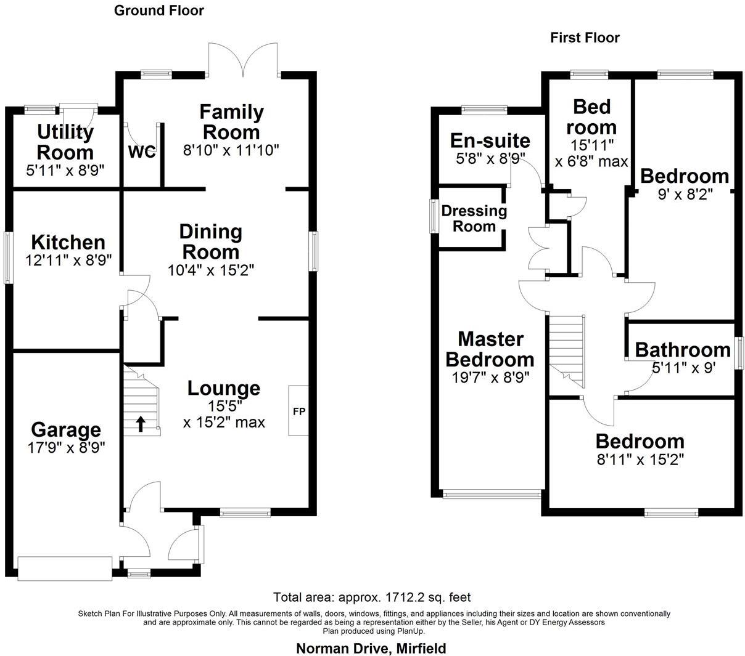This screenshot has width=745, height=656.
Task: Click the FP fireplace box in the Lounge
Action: coord(298,411)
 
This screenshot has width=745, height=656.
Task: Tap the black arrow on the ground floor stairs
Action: coord(141,423)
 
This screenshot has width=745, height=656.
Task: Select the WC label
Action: coord(142,152)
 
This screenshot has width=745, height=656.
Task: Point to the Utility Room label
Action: coord(65,142)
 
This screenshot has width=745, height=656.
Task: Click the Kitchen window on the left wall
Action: coord(8,257)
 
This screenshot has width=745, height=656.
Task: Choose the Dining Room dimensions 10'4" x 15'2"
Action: coord(211,270)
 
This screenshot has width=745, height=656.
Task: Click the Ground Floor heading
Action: coord(158,10)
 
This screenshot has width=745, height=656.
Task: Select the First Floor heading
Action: coord(585,38)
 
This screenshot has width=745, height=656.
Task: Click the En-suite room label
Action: coord(490,140)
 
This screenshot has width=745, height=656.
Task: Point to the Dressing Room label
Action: coord(474,219)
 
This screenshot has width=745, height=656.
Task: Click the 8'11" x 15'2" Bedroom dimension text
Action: coord(640,460)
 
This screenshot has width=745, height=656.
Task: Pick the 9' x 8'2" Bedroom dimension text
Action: coord(685,193)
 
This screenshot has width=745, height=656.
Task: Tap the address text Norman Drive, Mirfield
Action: coord(371,648)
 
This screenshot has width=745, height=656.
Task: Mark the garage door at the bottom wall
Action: coord(65,568)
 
